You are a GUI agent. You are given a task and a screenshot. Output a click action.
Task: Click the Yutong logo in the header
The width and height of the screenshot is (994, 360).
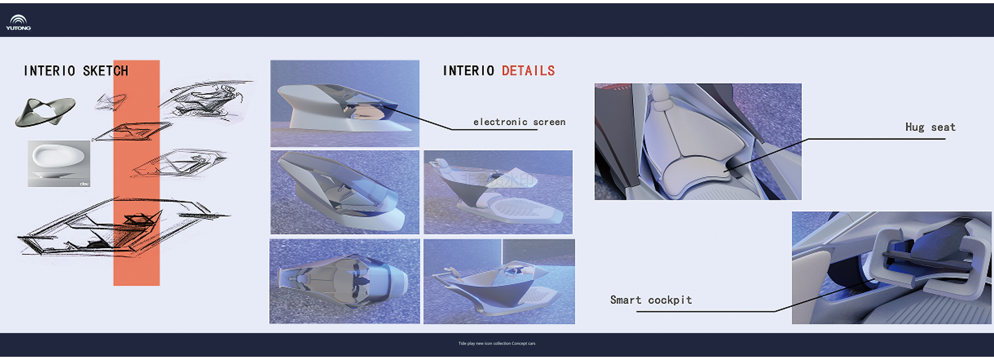click(x=18, y=22)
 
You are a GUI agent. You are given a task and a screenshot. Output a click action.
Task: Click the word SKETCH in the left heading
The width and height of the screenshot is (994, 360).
click(x=105, y=71)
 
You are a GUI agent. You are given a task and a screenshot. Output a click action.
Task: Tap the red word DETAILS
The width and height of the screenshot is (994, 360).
click(x=528, y=71)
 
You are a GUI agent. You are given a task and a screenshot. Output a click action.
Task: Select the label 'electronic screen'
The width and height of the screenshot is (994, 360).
click(x=519, y=122)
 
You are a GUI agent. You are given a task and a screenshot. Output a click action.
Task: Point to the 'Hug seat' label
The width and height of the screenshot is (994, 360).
click(x=930, y=127)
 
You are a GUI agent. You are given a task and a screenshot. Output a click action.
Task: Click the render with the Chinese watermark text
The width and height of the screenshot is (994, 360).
click(x=498, y=192)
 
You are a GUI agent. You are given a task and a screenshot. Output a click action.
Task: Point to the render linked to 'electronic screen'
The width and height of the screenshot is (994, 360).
click(x=344, y=103)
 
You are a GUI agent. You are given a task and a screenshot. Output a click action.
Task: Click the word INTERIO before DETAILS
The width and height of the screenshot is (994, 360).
click(x=468, y=71)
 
